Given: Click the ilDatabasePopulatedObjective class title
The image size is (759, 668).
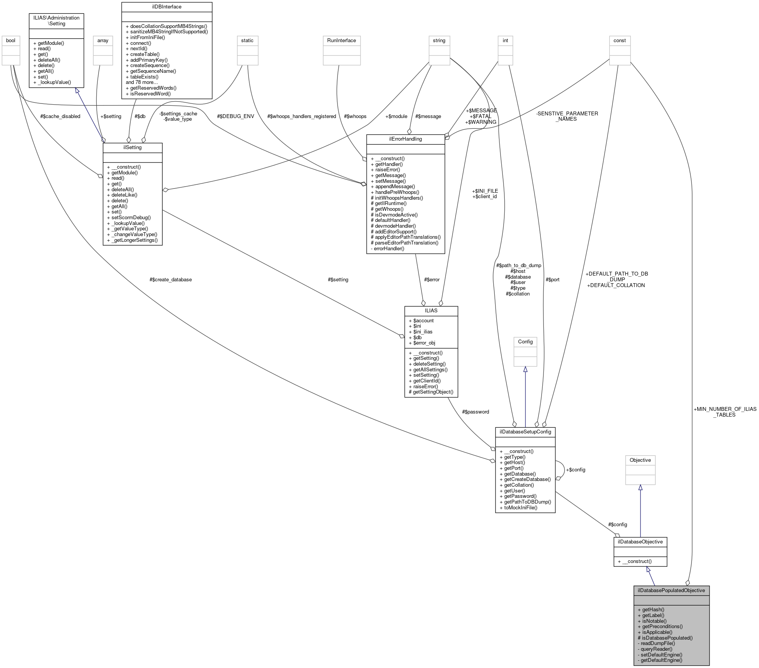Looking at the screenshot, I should point(671,590).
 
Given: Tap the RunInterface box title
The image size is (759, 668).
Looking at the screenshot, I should point(341,41).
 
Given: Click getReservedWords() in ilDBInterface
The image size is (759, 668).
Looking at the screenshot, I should point(153,88).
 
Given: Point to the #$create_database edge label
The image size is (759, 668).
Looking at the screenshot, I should point(171,280).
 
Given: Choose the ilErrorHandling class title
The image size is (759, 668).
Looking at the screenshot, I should point(405,139).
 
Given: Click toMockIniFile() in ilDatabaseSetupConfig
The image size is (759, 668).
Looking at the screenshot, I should point(520,508).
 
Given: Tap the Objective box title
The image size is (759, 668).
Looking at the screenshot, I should point(640,460).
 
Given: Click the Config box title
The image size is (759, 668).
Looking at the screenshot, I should point(525,342).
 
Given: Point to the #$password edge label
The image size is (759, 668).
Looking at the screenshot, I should point(476,412).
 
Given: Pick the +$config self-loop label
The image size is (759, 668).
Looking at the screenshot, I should point(576,470).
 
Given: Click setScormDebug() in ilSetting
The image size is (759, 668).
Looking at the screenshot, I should point(131,217).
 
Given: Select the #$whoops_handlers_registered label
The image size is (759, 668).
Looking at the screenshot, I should point(301,117).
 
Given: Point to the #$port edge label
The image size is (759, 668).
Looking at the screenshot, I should point(552,280).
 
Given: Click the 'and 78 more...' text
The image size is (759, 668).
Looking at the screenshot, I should point(142,82).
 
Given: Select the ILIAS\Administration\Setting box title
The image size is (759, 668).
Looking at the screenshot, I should point(56,21).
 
